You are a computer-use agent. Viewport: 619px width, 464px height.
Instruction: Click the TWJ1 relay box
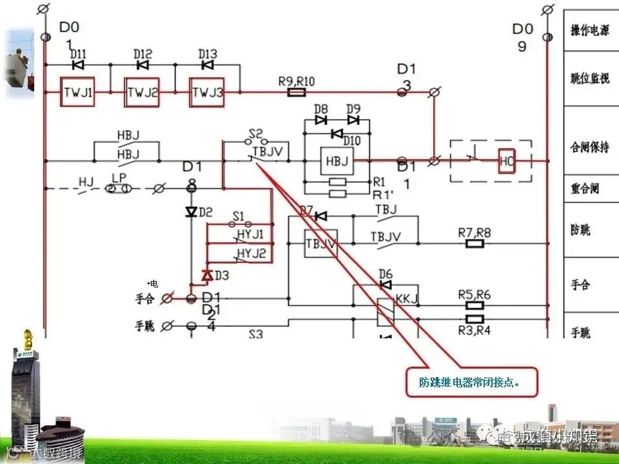coord(78,93)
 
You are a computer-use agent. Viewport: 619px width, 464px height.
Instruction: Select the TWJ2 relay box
coord(142,93)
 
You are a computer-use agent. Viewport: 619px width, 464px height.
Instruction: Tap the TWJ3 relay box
coord(206,93)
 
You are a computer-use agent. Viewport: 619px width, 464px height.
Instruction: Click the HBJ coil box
coord(337,161)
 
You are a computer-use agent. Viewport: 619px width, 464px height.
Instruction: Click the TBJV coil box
coord(320,244)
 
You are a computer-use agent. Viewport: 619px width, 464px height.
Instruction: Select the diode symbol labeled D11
coord(78,65)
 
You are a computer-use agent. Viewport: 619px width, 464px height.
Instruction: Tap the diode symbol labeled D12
coord(142,65)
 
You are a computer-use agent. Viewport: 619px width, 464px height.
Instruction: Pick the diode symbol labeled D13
coord(207,65)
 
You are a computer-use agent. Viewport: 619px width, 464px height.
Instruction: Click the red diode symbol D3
coord(207,275)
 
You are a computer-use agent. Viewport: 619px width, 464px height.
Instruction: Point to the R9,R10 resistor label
coord(297,81)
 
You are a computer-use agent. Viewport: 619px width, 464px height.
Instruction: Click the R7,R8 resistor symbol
coord(475,244)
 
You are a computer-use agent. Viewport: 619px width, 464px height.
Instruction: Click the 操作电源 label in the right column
coord(589,31)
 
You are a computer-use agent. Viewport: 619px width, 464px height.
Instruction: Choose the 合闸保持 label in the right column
coord(589,148)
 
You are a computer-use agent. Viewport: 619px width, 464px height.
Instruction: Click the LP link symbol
coord(119,188)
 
